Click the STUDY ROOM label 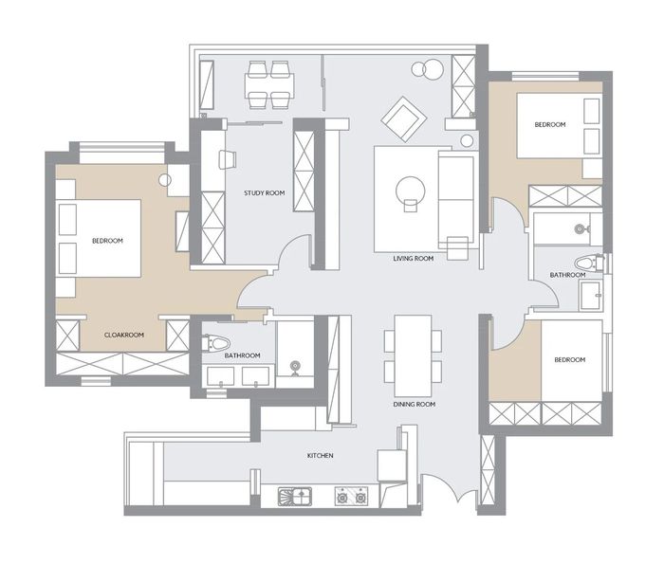point(265,193)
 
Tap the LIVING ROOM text point(414,258)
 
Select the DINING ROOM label point(415,405)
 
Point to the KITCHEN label point(321,456)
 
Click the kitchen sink point(295,497)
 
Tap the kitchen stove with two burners point(351,497)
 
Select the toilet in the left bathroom point(216,343)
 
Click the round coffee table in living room point(410,191)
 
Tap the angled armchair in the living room point(403,119)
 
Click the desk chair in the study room point(228,159)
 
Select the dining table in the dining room point(413,355)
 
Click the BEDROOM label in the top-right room point(550,124)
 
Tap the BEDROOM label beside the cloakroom point(107,241)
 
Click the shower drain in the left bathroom point(295,366)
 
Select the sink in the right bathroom point(591,294)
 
